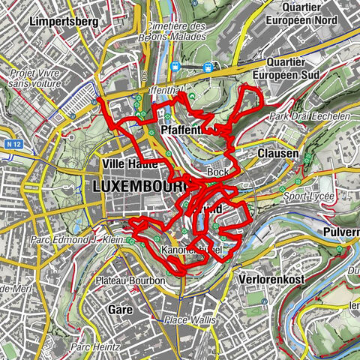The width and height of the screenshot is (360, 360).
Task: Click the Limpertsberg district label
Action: [64, 22]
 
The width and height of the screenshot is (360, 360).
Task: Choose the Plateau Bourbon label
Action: [130, 280]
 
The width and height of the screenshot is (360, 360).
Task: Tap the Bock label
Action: [217, 172]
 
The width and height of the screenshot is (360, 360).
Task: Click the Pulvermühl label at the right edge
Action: [340, 232]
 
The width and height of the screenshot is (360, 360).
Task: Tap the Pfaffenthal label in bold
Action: [184, 130]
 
